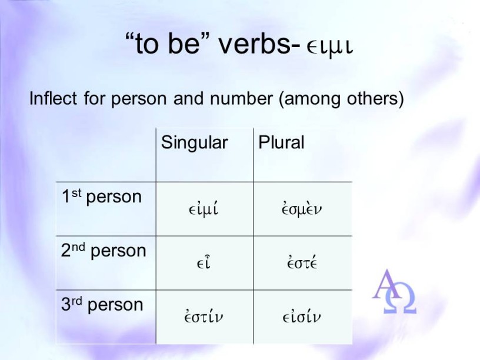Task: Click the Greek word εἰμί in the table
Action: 204,209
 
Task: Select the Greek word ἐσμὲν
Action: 302,209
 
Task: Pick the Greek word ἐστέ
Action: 302,263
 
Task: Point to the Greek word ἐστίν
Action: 204,316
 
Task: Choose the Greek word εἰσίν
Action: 302,316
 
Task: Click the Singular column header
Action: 194,143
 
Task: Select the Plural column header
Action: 281,142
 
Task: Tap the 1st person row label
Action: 102,197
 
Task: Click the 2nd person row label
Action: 104,251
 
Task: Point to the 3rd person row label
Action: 102,305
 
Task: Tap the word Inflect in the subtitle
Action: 53,99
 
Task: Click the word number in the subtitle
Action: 241,99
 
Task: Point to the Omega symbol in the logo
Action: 401,299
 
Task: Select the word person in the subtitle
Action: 140,99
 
